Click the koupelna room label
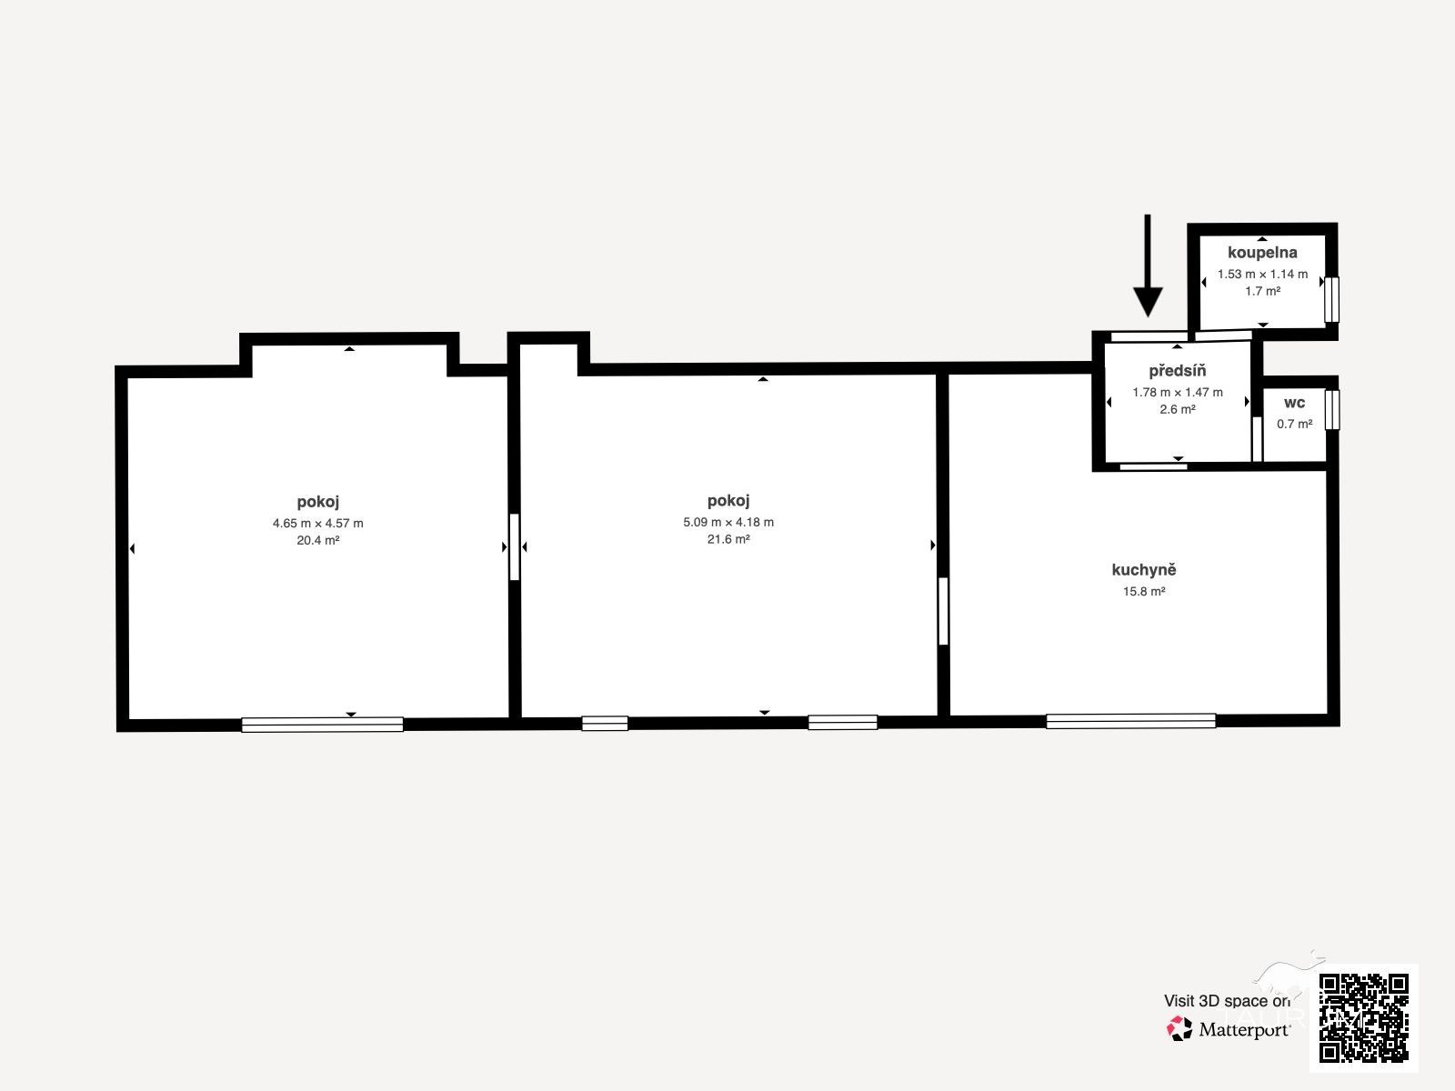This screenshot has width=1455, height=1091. click(1262, 253)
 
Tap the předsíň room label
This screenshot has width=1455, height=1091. click(1178, 370)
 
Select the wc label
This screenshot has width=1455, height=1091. click(1295, 403)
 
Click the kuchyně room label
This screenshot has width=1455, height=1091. click(1144, 570)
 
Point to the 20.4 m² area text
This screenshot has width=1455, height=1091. click(318, 540)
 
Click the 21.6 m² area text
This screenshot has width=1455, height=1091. click(728, 538)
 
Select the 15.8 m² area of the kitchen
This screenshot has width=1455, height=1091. click(1144, 591)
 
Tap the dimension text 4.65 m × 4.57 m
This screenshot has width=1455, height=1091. click(318, 523)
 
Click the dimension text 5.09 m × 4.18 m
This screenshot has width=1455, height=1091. click(728, 521)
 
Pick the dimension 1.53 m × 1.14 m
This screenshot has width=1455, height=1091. click(1263, 274)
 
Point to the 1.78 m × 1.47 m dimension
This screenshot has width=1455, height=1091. click(1178, 392)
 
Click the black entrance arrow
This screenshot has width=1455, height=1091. click(1148, 265)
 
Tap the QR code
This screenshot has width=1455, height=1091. click(1363, 1017)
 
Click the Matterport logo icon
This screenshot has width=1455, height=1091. click(1179, 1028)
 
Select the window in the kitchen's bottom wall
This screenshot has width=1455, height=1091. click(1131, 721)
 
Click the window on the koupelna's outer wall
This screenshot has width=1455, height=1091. click(1331, 299)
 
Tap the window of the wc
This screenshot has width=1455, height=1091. click(1332, 409)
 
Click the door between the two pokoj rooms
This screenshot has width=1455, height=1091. click(515, 546)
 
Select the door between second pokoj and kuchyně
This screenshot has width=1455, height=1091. click(943, 611)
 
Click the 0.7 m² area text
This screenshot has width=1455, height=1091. click(1295, 424)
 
